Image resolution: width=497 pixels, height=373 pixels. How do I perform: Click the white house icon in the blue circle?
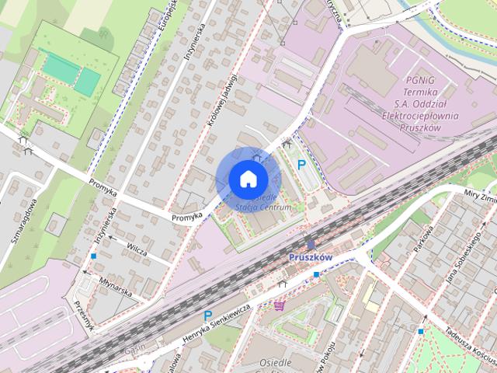pos(248,179)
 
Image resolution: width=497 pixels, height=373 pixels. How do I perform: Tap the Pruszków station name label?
pos(309,257)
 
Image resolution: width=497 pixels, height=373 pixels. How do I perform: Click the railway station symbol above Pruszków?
pos(311,245)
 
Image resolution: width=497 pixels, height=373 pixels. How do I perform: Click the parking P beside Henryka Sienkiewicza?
pos(207,315)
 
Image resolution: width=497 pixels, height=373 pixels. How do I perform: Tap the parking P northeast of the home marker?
pos(302,164)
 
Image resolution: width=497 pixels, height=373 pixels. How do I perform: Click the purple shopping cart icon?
pos(280,306)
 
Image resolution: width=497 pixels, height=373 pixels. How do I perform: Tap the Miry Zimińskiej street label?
pos(480,195)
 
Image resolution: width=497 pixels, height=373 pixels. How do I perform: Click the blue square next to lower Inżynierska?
pos(94,256)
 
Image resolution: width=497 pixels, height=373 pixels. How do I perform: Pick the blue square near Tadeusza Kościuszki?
pos(421,332)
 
